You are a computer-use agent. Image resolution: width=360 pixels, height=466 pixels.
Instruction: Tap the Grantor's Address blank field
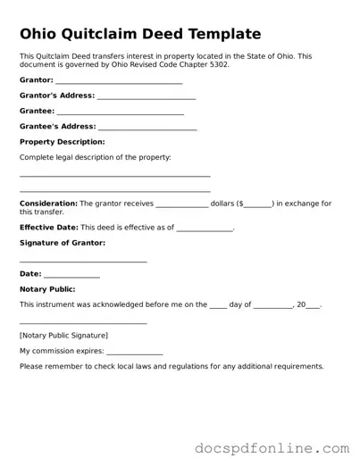(146, 97)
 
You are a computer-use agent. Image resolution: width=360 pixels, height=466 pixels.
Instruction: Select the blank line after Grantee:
(120, 113)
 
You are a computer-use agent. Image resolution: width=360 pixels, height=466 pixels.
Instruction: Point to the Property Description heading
(62, 142)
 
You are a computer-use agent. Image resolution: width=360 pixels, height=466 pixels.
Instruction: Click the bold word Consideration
(48, 204)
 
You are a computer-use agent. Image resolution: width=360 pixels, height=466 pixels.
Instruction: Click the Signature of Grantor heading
(62, 243)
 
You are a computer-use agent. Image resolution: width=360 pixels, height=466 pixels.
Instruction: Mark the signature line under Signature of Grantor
(83, 262)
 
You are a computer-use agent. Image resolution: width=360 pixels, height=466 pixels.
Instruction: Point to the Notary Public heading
(47, 289)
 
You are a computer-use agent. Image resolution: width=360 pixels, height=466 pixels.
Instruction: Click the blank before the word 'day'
(218, 306)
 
